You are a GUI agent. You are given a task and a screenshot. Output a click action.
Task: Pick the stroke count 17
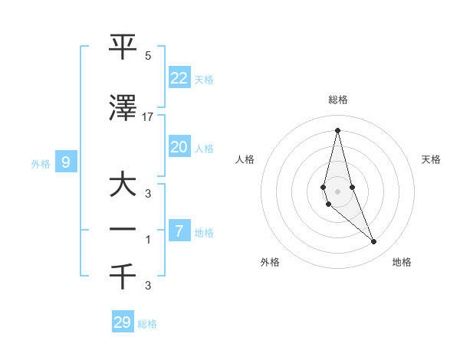point(148,117)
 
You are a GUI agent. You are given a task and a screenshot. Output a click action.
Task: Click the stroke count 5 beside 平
point(148,56)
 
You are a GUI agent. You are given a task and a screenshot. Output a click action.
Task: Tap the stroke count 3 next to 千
point(148,286)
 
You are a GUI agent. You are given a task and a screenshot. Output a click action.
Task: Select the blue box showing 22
point(179,77)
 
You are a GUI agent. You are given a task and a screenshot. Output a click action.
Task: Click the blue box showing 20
point(179,146)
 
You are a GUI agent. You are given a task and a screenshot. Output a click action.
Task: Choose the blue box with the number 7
point(179,231)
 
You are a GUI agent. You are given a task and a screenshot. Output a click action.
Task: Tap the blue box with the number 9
point(66,162)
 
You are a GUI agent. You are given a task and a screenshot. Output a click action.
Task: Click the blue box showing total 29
point(123,322)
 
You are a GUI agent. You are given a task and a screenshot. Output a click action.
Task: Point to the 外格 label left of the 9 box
point(41,163)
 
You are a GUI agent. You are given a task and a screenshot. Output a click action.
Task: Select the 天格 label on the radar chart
point(432,159)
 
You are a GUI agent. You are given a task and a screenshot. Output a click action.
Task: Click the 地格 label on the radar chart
point(402,262)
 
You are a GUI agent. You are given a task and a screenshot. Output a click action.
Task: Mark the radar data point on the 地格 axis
point(374,242)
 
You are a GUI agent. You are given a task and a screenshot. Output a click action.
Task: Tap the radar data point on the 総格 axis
point(337,130)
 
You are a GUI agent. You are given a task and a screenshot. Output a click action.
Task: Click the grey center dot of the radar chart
point(337,191)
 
